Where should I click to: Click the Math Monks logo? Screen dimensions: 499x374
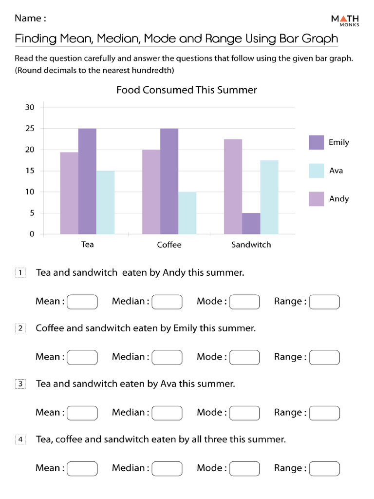(x=345, y=20)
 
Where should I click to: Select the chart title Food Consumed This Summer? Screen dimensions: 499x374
(x=187, y=90)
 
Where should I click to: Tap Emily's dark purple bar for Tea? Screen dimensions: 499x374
(x=87, y=181)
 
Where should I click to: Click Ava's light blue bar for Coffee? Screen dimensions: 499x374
(x=187, y=213)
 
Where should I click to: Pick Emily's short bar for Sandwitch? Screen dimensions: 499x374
(x=251, y=223)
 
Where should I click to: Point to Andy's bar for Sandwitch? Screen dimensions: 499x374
(x=233, y=187)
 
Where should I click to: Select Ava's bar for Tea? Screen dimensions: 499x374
(x=105, y=202)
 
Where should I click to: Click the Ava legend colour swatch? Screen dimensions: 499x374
(x=316, y=171)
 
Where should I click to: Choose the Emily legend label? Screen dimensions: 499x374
(x=338, y=142)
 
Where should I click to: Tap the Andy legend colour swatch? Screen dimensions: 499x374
(x=316, y=199)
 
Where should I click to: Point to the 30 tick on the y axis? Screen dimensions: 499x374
(x=30, y=108)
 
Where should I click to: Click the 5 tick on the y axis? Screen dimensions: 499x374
(x=32, y=213)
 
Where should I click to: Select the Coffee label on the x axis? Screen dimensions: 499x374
(x=169, y=245)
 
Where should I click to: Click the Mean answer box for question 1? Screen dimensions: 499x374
(x=82, y=302)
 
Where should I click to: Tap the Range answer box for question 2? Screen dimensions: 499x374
(x=324, y=357)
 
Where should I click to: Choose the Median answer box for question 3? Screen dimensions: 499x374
(x=167, y=413)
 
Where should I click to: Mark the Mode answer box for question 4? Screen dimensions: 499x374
(x=244, y=468)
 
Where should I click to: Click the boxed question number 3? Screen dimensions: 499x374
(x=20, y=384)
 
